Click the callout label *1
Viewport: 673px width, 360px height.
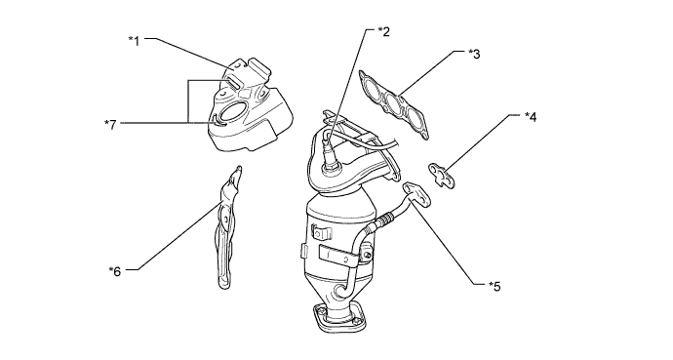click(135, 41)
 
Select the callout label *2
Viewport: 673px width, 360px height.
click(383, 31)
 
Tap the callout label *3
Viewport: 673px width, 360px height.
click(474, 54)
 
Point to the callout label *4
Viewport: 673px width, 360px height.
click(531, 117)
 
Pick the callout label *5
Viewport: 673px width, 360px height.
click(495, 286)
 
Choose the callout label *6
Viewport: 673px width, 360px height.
click(115, 271)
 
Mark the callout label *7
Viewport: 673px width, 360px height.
click(111, 125)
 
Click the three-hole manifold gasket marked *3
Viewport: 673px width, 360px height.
click(394, 104)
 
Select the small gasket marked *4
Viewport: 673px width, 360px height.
click(442, 175)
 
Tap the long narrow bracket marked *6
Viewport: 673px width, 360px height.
click(225, 227)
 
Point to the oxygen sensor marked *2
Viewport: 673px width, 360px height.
click(330, 152)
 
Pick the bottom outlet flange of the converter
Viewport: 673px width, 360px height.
click(339, 319)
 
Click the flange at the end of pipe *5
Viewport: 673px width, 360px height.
click(416, 193)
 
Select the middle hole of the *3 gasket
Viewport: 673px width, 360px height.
click(394, 104)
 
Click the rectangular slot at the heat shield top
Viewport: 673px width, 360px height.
click(232, 83)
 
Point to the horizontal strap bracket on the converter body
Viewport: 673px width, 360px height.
click(338, 256)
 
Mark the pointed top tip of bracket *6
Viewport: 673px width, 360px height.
click(240, 168)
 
